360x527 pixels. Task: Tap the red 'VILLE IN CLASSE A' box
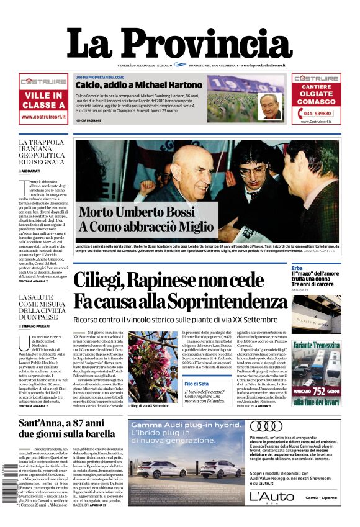point(43,100)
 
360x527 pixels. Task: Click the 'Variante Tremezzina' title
point(317,344)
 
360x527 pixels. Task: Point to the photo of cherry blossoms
point(152,366)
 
